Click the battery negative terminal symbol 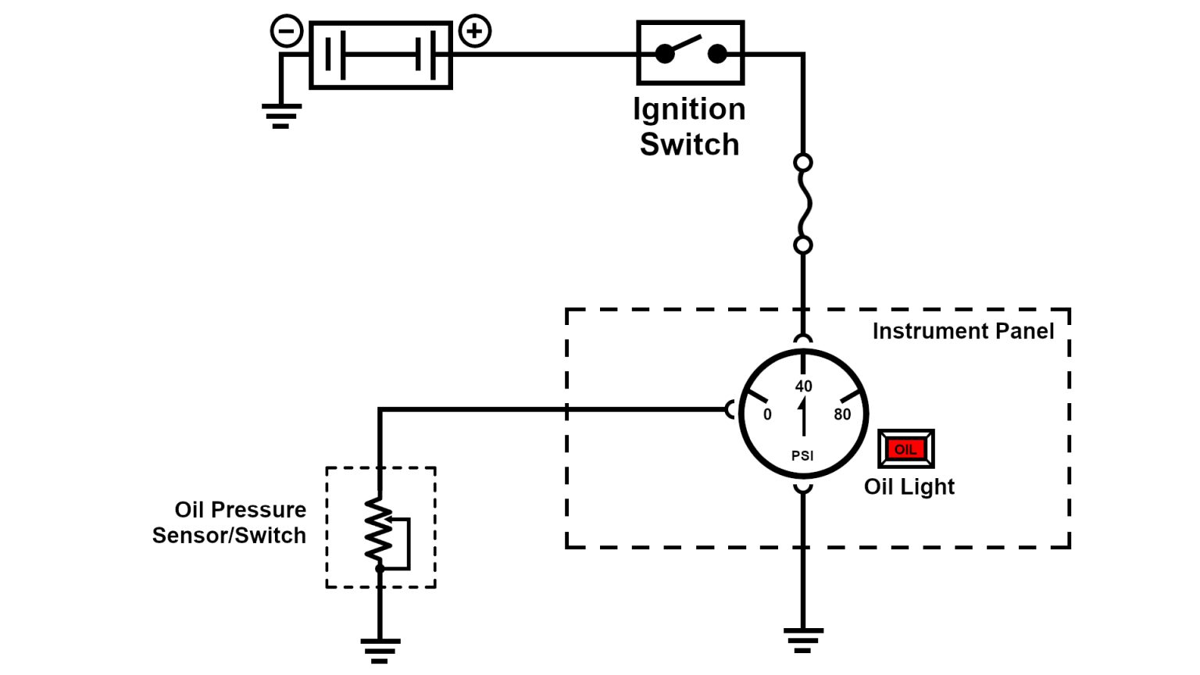tap(287, 32)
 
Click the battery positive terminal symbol tap(475, 32)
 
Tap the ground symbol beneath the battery tap(281, 116)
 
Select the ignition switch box tap(690, 53)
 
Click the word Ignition tap(689, 109)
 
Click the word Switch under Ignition tap(689, 145)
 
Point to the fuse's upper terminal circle tap(802, 162)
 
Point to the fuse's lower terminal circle tap(802, 245)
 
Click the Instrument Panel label tap(962, 331)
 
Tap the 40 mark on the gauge tap(803, 386)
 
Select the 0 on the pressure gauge tap(767, 415)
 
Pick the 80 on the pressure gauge tap(842, 415)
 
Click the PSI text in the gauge tap(802, 455)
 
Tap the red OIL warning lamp tap(905, 449)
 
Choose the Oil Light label tap(909, 487)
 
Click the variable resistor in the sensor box tap(380, 530)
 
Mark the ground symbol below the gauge tap(802, 639)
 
